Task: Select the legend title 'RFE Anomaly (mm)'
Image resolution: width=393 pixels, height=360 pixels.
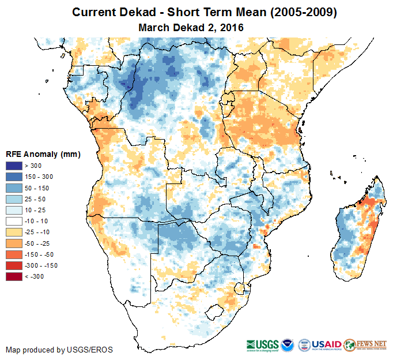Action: [x=43, y=154]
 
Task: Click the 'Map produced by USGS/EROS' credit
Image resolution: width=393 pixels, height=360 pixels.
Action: [x=59, y=350]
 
